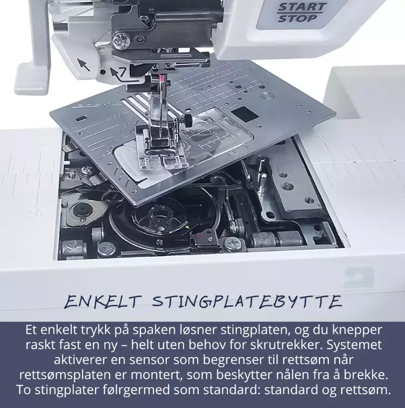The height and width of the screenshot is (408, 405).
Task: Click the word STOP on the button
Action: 298,18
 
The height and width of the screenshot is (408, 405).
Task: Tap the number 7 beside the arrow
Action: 123,72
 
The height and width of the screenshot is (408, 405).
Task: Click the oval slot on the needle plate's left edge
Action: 82,119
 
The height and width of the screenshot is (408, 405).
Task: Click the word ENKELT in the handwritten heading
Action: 101,302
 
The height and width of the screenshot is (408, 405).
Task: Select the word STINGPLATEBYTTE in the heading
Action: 247,302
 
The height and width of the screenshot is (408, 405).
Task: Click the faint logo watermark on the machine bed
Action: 359,279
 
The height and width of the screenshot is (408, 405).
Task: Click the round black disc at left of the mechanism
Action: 81,209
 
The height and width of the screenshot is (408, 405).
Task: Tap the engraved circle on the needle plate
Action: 266,96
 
